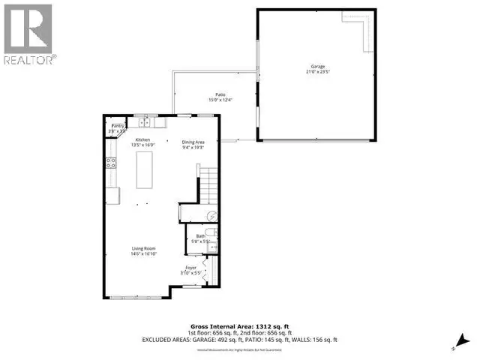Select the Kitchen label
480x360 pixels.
142,140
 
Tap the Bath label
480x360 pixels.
201,236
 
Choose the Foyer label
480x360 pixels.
191,267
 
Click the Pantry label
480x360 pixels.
116,126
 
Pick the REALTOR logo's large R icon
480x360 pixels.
27,27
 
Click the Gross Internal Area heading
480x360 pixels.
239,328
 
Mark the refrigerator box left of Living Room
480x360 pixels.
112,196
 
